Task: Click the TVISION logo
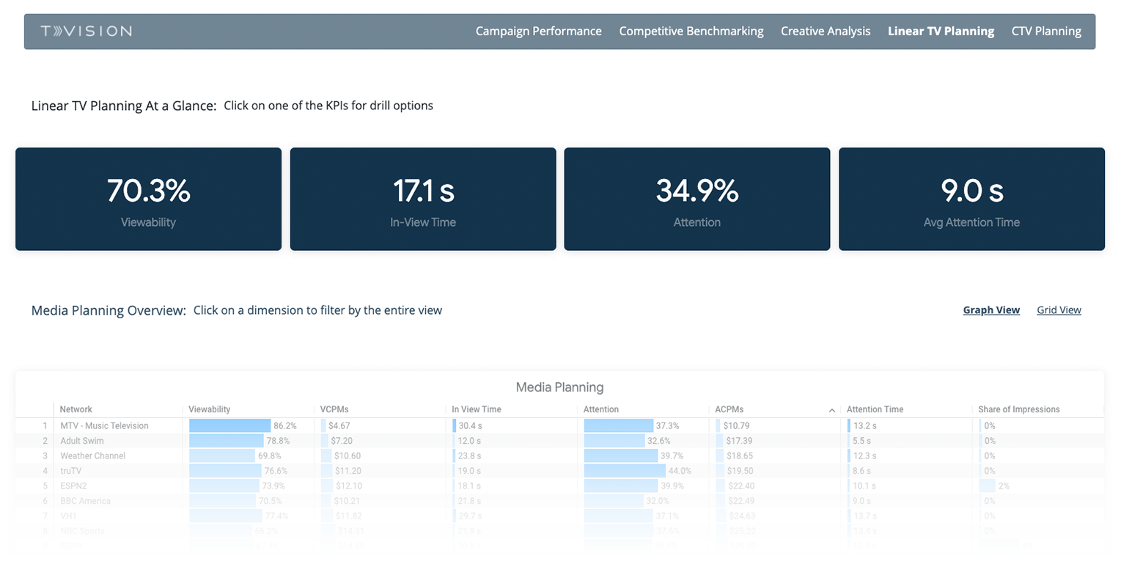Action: tap(87, 31)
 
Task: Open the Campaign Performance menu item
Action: tap(538, 31)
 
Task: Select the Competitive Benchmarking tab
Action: tap(691, 31)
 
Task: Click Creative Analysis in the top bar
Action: tap(826, 31)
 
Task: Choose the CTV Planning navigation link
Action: tap(1046, 31)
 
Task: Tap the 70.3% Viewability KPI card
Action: tap(148, 199)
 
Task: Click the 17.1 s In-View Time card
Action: tap(422, 199)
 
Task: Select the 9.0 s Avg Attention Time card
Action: tap(971, 199)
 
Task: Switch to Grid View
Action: tap(1059, 310)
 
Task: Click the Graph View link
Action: tap(991, 310)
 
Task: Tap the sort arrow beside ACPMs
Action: tap(831, 410)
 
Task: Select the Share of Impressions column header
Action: tap(1018, 409)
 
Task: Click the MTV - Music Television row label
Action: tap(104, 425)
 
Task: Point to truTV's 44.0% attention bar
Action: tap(625, 471)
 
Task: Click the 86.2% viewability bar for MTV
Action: tap(230, 425)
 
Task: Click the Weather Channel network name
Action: tap(92, 456)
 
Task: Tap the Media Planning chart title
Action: tap(559, 387)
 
